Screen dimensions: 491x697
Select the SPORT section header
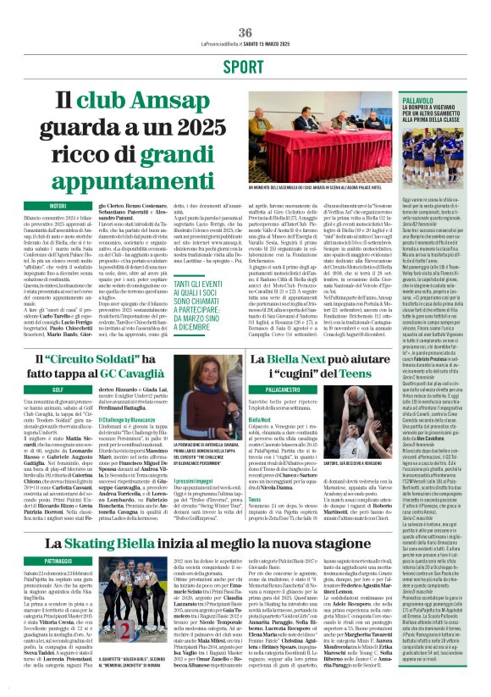[245, 66]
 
